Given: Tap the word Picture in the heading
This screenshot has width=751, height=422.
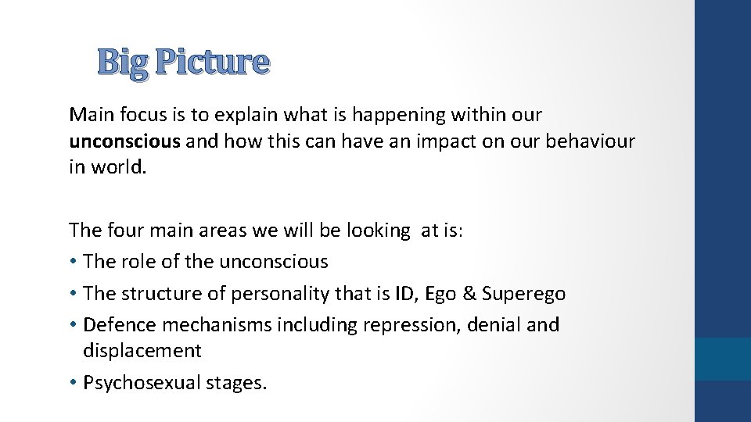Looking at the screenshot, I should click(212, 62).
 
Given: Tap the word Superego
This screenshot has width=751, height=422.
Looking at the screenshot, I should click(523, 295).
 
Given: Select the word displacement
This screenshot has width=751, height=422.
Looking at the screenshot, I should click(142, 351).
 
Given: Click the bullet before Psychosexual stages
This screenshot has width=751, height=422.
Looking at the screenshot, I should click(74, 384).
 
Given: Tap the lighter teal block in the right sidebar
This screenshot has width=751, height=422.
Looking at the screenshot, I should click(723, 359).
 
